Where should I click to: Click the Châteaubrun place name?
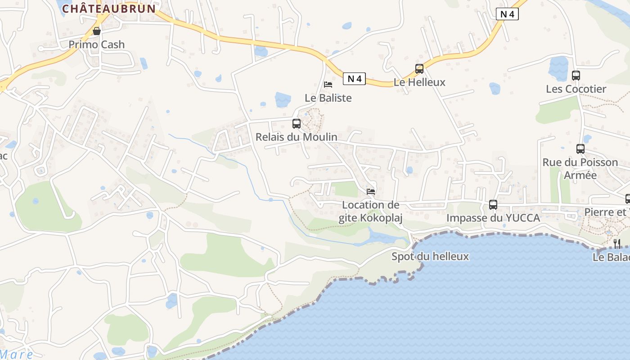click(109, 8)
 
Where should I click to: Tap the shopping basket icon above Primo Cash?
click(96, 31)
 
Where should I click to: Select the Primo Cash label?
click(96, 44)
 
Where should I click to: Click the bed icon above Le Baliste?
click(328, 84)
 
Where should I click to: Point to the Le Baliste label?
click(328, 98)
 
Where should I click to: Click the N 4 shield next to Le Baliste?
click(354, 79)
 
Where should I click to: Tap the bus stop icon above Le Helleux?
click(419, 69)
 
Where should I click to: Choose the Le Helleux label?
click(419, 82)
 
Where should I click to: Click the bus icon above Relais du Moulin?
click(296, 123)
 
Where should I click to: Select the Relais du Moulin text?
click(296, 137)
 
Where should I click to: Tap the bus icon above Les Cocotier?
click(576, 76)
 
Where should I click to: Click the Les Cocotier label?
click(576, 89)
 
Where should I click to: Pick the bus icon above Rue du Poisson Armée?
click(580, 149)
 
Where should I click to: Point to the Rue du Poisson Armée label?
click(580, 169)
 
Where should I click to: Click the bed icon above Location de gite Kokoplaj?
click(371, 192)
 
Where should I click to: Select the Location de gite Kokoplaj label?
click(371, 211)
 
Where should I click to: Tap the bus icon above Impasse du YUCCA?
click(493, 205)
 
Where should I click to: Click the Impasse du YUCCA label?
click(493, 218)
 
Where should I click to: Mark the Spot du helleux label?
click(430, 256)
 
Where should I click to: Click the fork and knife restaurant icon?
click(617, 243)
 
